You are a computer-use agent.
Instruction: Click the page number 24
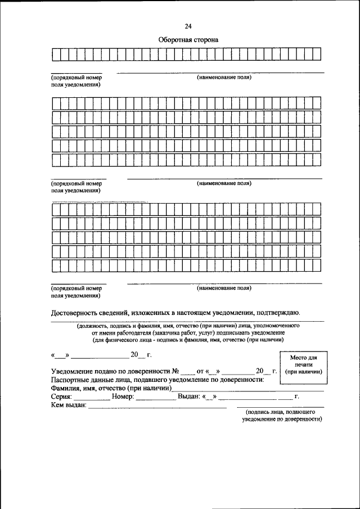coord(188,26)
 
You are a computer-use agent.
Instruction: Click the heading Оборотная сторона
coord(188,40)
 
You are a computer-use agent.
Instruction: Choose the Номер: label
coord(123,397)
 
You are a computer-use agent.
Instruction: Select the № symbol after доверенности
coord(175,372)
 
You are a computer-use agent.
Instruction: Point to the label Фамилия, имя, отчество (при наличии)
coord(111,388)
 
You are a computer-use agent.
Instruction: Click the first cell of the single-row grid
coord(56,55)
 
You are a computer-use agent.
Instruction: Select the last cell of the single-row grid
coord(317,55)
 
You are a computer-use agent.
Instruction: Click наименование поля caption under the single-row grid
coord(224,77)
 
